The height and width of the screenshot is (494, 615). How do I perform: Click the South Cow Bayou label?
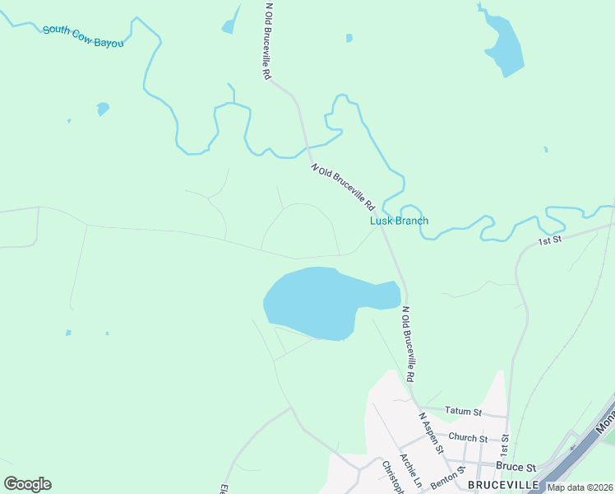[x=83, y=35]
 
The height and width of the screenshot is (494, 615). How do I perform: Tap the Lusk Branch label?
[x=399, y=221]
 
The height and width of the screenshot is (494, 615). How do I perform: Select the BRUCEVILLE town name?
[x=503, y=485]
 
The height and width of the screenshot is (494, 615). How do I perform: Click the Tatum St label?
[x=462, y=410]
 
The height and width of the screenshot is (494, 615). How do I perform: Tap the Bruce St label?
[x=516, y=466]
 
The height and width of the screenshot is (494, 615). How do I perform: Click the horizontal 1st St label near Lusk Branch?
[x=548, y=240]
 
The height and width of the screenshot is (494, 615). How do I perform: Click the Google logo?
[x=27, y=483]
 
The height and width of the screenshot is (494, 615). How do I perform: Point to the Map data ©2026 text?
[x=580, y=487]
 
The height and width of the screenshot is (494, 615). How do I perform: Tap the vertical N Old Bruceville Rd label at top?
[x=268, y=40]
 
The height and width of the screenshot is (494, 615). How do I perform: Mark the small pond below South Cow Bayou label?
[x=103, y=108]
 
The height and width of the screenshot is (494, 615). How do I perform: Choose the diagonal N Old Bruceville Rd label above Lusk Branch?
[x=343, y=186]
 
